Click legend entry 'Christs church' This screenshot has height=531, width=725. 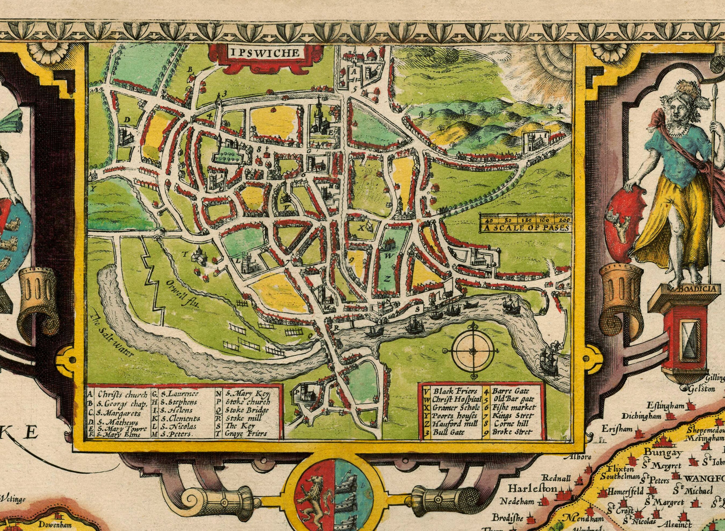click(x=122, y=394)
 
